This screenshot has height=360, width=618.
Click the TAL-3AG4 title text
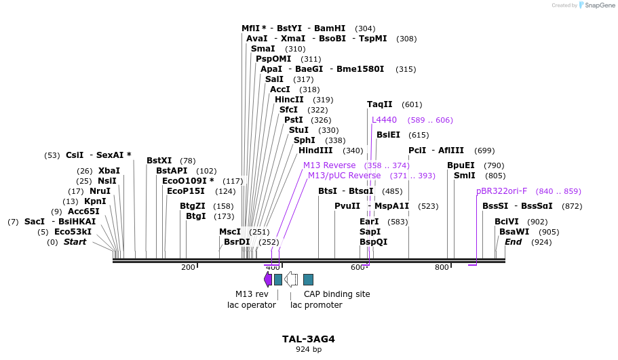click(x=309, y=338)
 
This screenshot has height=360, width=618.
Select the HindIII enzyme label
click(x=315, y=151)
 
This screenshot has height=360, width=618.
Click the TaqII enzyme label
click(x=379, y=104)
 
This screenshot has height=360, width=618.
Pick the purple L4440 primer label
click(x=384, y=120)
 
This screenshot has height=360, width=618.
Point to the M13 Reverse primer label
click(x=329, y=165)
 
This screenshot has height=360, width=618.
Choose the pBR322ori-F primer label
click(x=501, y=191)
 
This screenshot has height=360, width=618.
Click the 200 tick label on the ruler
click(x=188, y=267)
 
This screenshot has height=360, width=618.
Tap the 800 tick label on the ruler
click(x=442, y=267)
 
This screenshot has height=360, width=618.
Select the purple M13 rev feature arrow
click(x=267, y=279)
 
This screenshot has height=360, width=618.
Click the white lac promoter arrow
click(x=291, y=279)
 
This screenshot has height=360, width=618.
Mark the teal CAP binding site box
click(x=308, y=279)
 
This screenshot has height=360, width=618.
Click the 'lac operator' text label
click(x=251, y=305)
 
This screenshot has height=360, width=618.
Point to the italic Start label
click(x=75, y=242)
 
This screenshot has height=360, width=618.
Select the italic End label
click(x=513, y=242)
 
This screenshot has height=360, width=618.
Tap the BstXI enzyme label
click(x=159, y=161)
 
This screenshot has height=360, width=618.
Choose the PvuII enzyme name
click(x=347, y=206)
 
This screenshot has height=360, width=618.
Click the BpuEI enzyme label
click(x=461, y=165)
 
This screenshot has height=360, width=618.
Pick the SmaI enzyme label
click(x=263, y=49)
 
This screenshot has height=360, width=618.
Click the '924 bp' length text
click(x=309, y=349)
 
